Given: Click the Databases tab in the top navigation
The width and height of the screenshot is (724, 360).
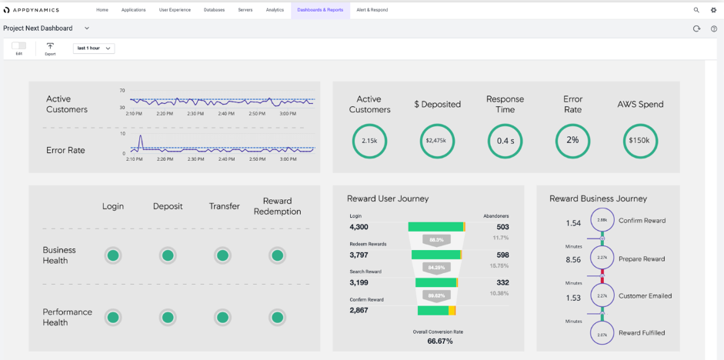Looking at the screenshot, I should [214, 10].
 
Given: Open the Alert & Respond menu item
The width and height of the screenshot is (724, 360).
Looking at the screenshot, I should [372, 10].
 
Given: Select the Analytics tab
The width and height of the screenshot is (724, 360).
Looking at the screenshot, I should [275, 10].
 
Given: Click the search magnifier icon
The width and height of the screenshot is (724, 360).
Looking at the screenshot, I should [696, 10].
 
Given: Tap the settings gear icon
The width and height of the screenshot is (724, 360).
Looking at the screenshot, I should [713, 10].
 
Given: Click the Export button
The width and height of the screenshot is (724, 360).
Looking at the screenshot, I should [50, 48].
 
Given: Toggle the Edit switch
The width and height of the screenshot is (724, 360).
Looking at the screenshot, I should [18, 46].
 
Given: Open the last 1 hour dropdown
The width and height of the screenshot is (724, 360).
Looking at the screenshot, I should [94, 48].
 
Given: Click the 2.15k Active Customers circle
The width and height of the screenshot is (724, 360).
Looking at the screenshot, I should [369, 141].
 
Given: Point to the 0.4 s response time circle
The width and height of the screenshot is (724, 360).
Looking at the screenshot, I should [505, 141].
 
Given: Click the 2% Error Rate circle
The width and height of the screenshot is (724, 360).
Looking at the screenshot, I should [572, 141].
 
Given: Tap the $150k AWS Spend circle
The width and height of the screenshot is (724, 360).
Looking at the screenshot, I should [640, 141].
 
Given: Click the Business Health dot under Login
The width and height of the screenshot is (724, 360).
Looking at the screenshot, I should [112, 255].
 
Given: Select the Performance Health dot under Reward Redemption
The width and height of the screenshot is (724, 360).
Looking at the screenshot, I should [278, 317].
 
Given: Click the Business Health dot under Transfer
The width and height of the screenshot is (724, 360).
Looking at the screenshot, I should [222, 255].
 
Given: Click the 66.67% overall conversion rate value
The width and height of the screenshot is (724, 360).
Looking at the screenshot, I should [439, 341].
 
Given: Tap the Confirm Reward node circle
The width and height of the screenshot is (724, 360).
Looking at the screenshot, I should [602, 220].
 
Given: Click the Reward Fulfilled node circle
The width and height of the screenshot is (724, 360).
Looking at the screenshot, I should [602, 333].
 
